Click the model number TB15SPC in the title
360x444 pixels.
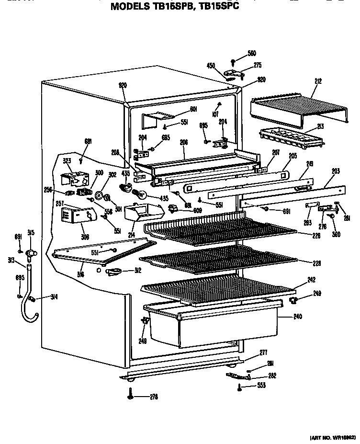[218, 7]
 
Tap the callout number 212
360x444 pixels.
[318, 81]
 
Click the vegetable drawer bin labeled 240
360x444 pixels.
[211, 326]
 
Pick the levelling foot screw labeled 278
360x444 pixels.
[130, 395]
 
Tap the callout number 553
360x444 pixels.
[261, 385]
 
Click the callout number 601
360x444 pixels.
[193, 109]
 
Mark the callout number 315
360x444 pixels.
[31, 233]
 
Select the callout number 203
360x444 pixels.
[336, 171]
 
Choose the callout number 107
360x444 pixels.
[216, 114]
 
